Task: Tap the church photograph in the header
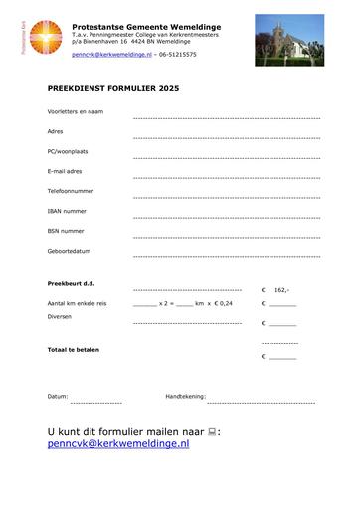click(x=295, y=37)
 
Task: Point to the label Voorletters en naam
click(x=76, y=111)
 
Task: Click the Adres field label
click(x=55, y=131)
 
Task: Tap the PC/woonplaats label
click(x=67, y=151)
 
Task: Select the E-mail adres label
click(x=64, y=171)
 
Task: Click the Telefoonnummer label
click(x=71, y=191)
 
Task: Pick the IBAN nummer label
click(x=67, y=211)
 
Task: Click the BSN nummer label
click(x=66, y=231)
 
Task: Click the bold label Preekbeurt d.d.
click(x=72, y=285)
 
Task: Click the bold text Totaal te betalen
click(x=74, y=349)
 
